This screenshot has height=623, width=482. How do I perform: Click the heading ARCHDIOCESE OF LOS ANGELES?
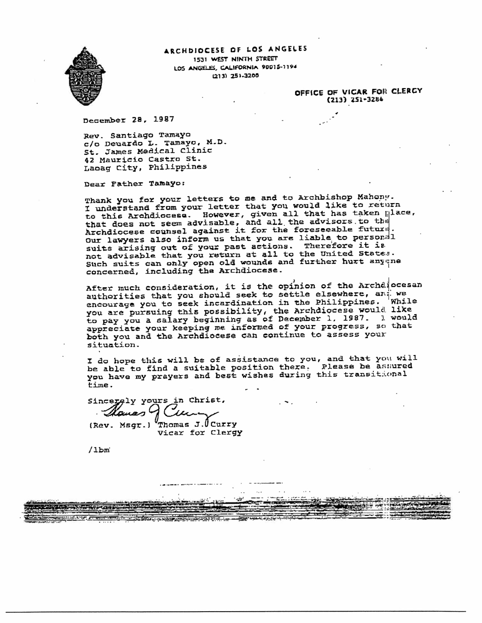[235, 49]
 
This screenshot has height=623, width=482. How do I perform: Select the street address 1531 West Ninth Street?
[235, 59]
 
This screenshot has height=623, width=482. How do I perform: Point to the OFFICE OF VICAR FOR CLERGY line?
[358, 91]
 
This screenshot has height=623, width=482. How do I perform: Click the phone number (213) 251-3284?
[355, 99]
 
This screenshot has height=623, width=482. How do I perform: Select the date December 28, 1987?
[128, 119]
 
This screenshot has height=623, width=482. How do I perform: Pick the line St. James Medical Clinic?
[148, 151]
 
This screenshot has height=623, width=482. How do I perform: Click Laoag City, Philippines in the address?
[145, 167]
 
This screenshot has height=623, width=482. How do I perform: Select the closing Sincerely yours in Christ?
[156, 400]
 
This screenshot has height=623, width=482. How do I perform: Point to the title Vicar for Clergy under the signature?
[200, 433]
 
